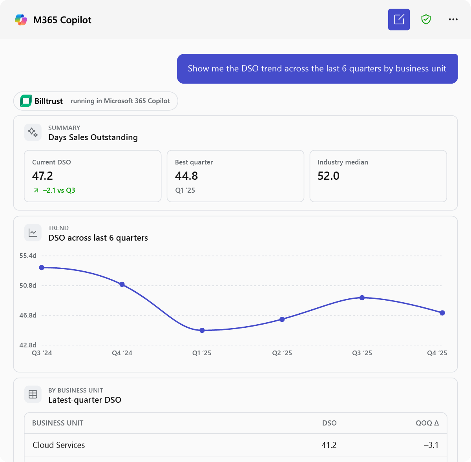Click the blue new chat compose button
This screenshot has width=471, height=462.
click(x=399, y=20)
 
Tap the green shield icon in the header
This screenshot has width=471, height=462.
click(x=426, y=19)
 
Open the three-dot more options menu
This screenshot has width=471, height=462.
click(x=453, y=19)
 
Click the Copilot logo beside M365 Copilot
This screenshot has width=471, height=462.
click(x=21, y=20)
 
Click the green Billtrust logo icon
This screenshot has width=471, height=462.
click(x=26, y=101)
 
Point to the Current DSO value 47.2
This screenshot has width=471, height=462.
click(x=42, y=176)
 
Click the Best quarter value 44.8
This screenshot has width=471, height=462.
click(x=186, y=176)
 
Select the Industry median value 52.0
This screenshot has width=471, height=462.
click(x=328, y=176)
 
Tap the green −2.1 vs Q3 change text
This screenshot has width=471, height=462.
click(x=59, y=190)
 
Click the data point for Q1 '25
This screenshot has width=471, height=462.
click(x=202, y=330)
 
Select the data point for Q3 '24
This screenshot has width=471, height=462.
click(x=42, y=267)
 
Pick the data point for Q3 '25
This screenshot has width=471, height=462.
click(x=362, y=298)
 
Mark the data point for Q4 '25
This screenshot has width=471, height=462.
click(x=442, y=312)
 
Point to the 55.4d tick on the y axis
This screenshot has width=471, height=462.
click(x=28, y=256)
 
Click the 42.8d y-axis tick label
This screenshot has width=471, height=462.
click(x=28, y=345)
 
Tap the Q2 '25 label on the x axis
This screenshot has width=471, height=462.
click(x=282, y=353)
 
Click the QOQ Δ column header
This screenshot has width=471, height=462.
click(x=427, y=423)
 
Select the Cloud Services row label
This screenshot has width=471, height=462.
click(x=58, y=445)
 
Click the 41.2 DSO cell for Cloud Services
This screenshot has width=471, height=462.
click(x=329, y=445)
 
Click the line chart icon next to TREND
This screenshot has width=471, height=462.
click(x=33, y=232)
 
